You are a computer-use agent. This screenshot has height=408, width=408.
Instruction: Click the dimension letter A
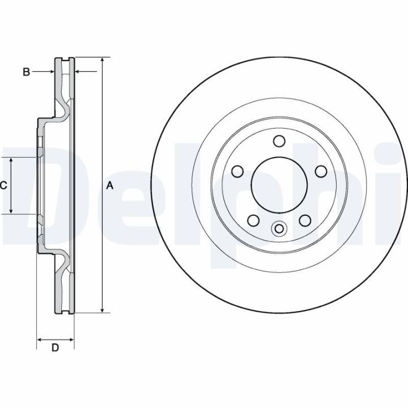110,185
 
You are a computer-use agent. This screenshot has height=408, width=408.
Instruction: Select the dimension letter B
25,72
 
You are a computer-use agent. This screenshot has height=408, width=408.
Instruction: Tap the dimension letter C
3,185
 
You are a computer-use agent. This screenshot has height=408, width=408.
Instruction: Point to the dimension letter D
55,348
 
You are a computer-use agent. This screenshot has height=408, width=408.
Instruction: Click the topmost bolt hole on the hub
278,141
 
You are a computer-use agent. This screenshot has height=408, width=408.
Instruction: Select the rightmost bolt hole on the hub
320,171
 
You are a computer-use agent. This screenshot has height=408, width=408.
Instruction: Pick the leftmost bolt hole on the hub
237,171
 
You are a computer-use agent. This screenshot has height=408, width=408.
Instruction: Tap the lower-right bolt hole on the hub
304,220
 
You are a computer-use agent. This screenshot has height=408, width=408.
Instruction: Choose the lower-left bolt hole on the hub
253,220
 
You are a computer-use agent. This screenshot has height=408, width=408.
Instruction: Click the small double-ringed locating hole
278,229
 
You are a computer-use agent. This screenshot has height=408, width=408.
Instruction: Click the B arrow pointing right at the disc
52,72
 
